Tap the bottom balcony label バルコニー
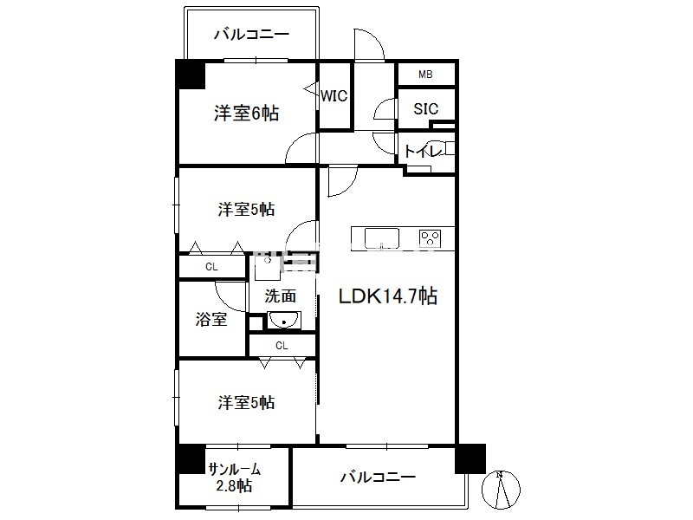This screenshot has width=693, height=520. click(378, 477)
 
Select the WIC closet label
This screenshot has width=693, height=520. click(334, 96)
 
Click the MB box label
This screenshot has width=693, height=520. click(425, 75)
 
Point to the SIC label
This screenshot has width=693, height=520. click(425, 109)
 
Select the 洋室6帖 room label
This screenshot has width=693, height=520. click(246, 114)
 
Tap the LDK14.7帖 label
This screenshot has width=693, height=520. click(386, 297)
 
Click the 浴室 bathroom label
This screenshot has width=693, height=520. click(210, 319)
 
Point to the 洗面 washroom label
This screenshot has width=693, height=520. click(281, 296)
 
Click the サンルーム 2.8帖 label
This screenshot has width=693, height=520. click(234, 478)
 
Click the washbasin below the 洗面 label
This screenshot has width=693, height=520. click(282, 322)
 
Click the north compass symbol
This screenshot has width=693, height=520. click(502, 489)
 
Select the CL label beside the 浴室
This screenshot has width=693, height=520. click(211, 267)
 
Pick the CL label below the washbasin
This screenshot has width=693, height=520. click(282, 346)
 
